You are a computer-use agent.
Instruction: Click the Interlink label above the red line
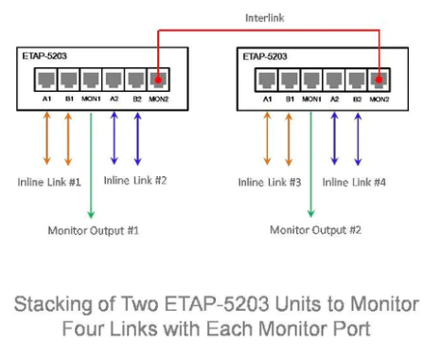point(265,18)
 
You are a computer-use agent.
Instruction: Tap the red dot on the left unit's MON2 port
point(158,80)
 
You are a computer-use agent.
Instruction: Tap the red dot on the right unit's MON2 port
point(379,80)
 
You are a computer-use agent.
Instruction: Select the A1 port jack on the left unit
point(46,80)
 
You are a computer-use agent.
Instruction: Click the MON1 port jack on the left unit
point(91,80)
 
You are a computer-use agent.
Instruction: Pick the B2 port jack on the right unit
point(357,80)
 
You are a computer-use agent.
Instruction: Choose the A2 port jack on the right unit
point(334,80)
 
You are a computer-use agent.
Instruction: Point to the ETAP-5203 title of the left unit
point(44,56)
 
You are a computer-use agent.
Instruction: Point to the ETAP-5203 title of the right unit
point(265,57)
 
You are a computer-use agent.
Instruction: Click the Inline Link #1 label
point(49,182)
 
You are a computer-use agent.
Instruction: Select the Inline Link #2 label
point(135,181)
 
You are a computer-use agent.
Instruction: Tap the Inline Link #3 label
point(270,182)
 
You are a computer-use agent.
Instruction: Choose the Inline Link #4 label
point(354,182)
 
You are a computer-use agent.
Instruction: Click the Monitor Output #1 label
point(94,230)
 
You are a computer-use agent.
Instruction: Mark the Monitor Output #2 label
point(315,230)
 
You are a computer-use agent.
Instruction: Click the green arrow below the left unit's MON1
point(91,166)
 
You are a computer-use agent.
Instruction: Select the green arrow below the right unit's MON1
point(311,164)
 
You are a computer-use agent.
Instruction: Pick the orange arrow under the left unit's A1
point(47,138)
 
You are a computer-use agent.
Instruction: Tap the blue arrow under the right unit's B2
point(358,139)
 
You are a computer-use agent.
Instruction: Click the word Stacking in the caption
point(53,305)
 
